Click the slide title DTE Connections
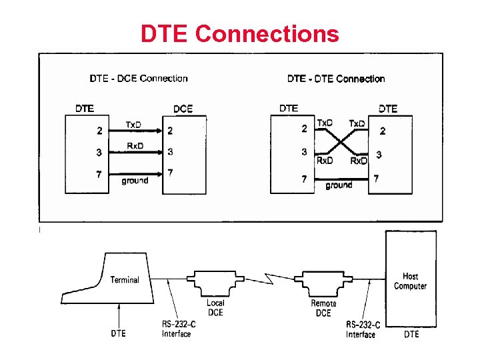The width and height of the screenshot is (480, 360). (x=239, y=33)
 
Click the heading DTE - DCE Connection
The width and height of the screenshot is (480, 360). (x=139, y=79)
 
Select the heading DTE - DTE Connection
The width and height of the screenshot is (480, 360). (x=336, y=79)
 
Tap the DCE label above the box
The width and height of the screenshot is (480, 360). (x=183, y=109)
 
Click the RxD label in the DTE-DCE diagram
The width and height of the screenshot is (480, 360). (x=135, y=146)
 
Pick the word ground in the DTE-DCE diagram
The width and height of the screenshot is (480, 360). (x=135, y=181)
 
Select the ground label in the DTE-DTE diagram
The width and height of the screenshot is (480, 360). (x=339, y=185)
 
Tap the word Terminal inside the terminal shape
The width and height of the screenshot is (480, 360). (x=125, y=280)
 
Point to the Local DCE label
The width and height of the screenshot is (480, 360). (x=215, y=308)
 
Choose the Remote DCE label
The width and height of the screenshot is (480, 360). (x=324, y=308)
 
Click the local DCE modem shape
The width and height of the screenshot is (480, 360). (x=215, y=283)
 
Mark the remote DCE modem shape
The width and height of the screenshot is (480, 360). (x=323, y=283)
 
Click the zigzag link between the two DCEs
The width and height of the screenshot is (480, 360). (x=270, y=277)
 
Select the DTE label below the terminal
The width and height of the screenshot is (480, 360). (x=118, y=333)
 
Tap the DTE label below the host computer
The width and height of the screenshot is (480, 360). (x=412, y=333)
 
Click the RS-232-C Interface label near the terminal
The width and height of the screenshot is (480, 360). (x=177, y=329)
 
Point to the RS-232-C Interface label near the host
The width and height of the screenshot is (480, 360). (x=363, y=329)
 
